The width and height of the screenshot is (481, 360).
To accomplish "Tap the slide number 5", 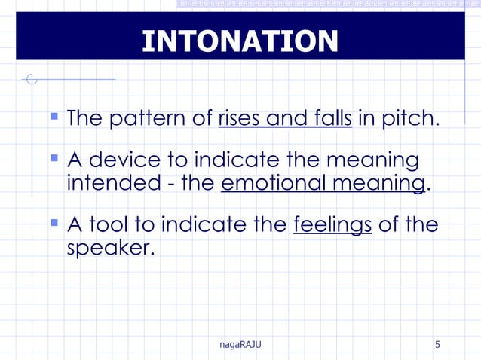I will coord(438,345).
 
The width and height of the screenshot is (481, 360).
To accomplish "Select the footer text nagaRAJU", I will coord(240,345).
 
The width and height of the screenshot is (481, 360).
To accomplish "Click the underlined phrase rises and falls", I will coord(285,119).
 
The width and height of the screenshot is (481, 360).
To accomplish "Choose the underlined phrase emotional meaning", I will coord(323,184).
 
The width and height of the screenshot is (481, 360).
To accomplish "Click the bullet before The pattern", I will coord(54,117).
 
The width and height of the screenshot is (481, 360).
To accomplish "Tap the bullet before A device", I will coord(54,159).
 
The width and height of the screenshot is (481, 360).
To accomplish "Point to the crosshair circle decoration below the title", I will coord(30,78).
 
